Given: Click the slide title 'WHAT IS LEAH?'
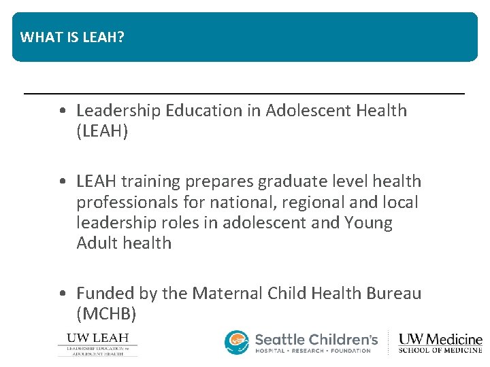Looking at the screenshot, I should point(72,37).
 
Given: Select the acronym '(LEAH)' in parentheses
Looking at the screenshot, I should point(102,131).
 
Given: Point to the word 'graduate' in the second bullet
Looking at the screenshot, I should point(282,181).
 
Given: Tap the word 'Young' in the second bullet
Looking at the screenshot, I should point(368,223).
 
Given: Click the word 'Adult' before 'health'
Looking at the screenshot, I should point(97,243).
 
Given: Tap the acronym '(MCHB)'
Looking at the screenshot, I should point(107,314).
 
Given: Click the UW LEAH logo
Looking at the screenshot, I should point(97,344).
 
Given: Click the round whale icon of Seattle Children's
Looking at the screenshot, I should point(237,343).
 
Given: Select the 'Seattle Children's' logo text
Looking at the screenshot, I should point(316,338).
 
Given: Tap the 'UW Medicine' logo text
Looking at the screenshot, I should point(440,338).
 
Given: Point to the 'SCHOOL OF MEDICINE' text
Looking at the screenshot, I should point(440,351).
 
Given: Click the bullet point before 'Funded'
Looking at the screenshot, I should point(63,294).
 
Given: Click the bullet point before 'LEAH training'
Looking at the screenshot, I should point(63,182).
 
